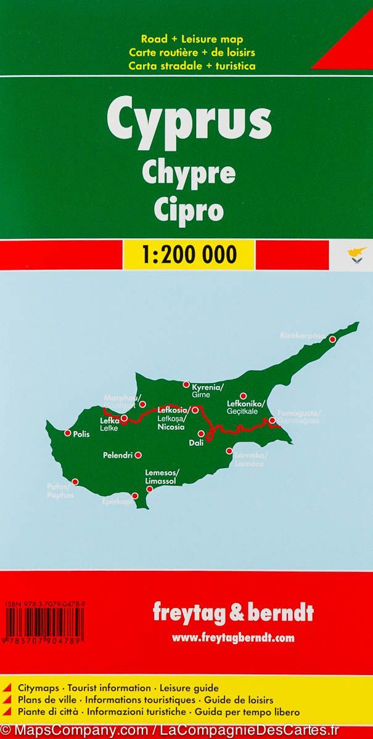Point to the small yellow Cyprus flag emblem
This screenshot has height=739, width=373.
point(356,254)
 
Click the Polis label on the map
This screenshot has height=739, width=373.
point(81,434)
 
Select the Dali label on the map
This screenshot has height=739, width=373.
point(196,442)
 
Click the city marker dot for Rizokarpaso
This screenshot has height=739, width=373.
point(332,339)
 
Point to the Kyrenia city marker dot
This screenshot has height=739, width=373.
point(186,385)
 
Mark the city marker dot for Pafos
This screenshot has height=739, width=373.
point(75,482)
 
